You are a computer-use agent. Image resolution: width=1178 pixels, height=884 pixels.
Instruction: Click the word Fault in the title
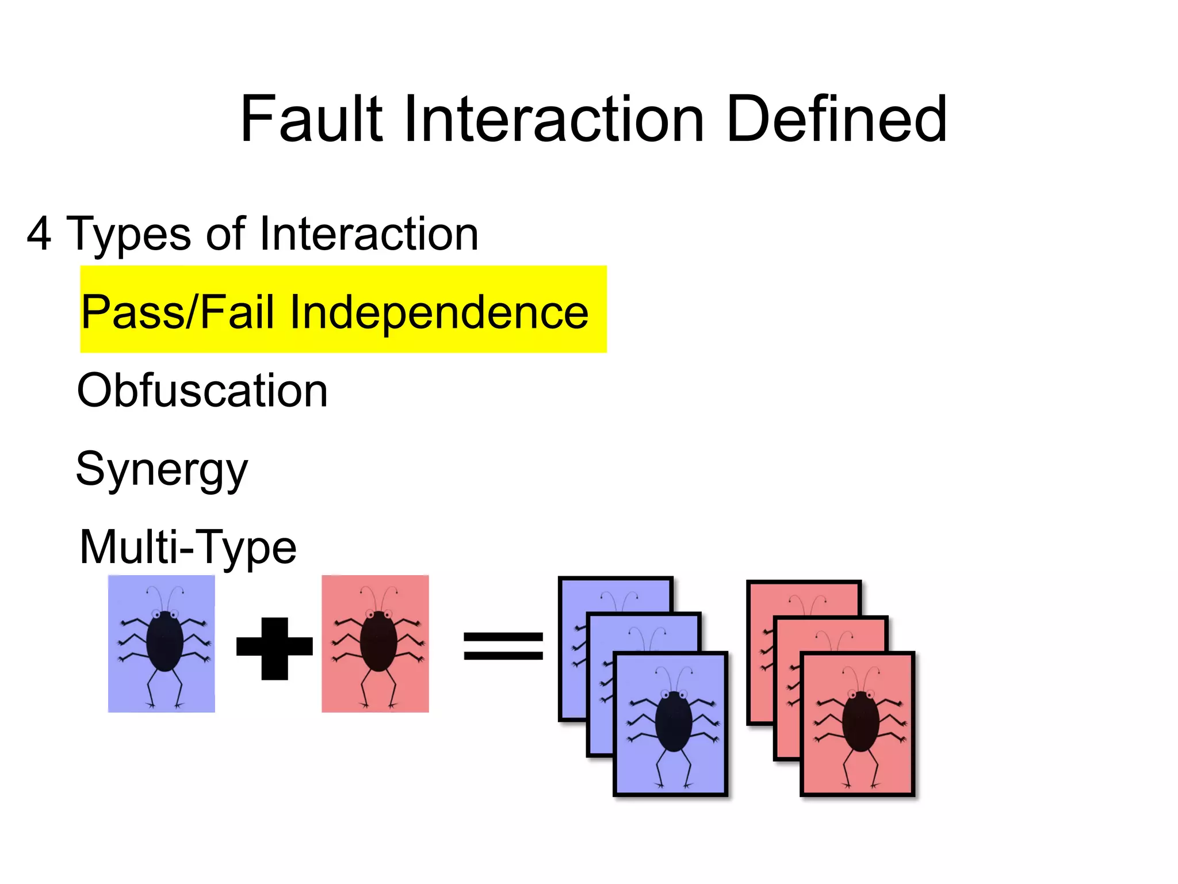(311, 119)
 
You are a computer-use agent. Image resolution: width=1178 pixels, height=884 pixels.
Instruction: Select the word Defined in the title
(836, 119)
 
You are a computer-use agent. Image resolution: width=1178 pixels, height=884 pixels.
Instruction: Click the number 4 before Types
(39, 234)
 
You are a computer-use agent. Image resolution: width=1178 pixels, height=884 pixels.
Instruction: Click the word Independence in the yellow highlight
(439, 312)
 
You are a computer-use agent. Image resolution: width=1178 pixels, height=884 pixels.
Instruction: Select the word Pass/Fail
(177, 312)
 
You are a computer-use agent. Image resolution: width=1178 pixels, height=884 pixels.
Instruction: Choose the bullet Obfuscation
(202, 391)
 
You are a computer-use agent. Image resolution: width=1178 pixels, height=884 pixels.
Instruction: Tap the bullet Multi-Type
(188, 547)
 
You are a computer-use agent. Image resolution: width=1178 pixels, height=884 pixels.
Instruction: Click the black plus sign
(274, 648)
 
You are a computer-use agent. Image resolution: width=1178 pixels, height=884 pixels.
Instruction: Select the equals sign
(503, 645)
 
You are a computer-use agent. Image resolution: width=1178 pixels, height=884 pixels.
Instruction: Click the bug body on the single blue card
(165, 641)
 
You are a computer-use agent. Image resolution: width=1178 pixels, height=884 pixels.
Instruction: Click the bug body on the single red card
(378, 641)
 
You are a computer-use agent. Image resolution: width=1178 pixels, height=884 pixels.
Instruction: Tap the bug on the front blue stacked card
(673, 722)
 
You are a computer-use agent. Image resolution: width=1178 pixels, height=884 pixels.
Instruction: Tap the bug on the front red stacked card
(860, 722)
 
